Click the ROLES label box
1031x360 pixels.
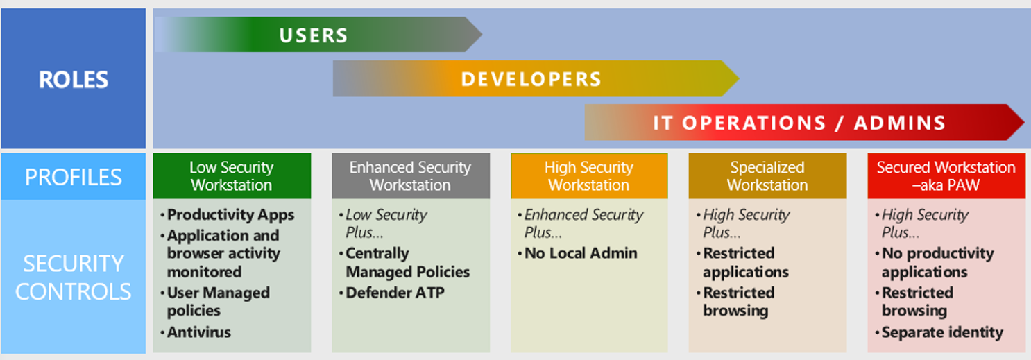[x=73, y=78]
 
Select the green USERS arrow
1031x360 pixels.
[x=318, y=35]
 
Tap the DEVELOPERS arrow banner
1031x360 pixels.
[x=536, y=78]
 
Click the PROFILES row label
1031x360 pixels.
[x=73, y=177]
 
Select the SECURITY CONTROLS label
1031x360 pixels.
[x=73, y=277]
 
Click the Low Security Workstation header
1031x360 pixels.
[x=232, y=176]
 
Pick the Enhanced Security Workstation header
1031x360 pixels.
[x=411, y=176]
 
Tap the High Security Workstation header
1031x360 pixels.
[x=589, y=176]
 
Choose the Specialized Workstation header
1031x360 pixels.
[x=768, y=176]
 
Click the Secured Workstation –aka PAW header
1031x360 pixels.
[x=946, y=176]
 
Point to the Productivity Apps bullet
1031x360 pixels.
[x=228, y=215]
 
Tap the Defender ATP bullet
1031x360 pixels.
[x=392, y=293]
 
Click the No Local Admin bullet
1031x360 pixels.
[x=577, y=253]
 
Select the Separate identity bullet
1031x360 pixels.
[x=939, y=332]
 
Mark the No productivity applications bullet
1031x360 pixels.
[x=935, y=262]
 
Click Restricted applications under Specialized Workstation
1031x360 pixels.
[x=742, y=262]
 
